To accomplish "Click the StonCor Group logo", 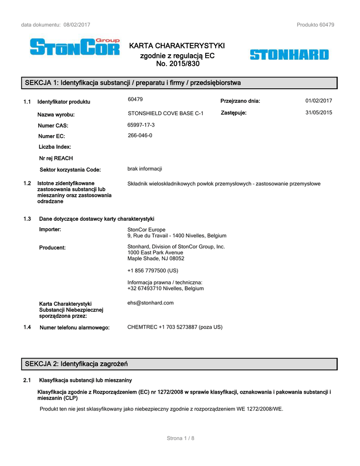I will [75, 47].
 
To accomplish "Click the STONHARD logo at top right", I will [289, 55].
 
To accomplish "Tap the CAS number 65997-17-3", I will [141, 125].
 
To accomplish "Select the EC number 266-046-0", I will [140, 136].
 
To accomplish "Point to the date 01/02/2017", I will [319, 101].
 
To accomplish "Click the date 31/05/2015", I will [319, 112].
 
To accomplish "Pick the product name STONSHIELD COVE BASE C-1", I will [166, 113].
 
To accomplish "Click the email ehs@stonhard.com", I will [150, 303].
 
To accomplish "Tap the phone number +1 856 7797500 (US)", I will [153, 270].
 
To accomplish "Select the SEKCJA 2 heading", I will [76, 364].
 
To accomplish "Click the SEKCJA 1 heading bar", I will [180, 83].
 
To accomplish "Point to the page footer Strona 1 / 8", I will [181, 438].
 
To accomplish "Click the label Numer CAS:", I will [53, 126].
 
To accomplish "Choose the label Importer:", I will [50, 229].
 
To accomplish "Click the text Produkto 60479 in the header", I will [315, 25].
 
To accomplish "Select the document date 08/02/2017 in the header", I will [77, 25].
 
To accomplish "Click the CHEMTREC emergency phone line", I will [175, 327].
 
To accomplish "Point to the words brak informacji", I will [145, 169].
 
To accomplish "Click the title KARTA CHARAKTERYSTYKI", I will [177, 46].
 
